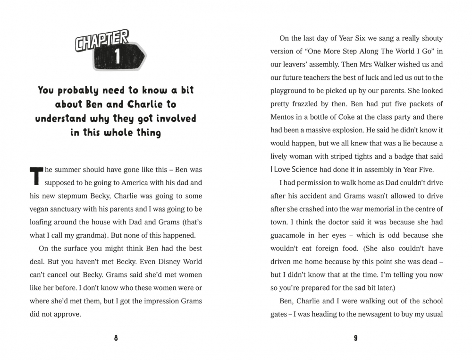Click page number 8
(116, 338)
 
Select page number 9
(355, 338)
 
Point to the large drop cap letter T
(36, 175)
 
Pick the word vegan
(41, 209)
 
